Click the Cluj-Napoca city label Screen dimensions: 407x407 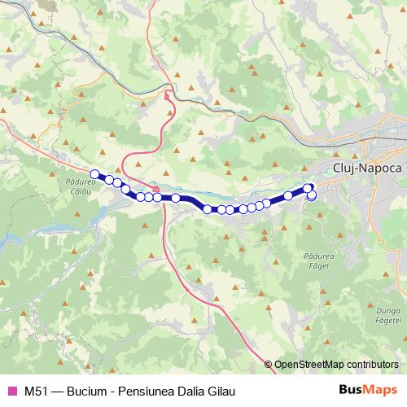pos(368,167)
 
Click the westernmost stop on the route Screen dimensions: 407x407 pos(94,173)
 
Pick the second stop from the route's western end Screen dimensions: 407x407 pos(108,179)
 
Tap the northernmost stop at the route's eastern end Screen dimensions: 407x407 pos(308,188)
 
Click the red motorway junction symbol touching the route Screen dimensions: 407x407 pos(155,189)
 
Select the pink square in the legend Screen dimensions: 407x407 pos(11,391)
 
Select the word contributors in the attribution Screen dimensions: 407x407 pos(373,364)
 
